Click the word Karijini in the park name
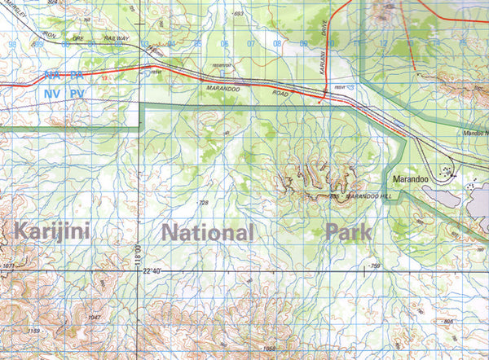[55, 230]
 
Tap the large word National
[208, 233]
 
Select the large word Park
[348, 231]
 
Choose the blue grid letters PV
[77, 94]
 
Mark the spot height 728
[203, 201]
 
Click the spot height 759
[374, 266]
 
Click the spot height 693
[238, 15]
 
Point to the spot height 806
[447, 322]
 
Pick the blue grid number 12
[383, 42]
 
